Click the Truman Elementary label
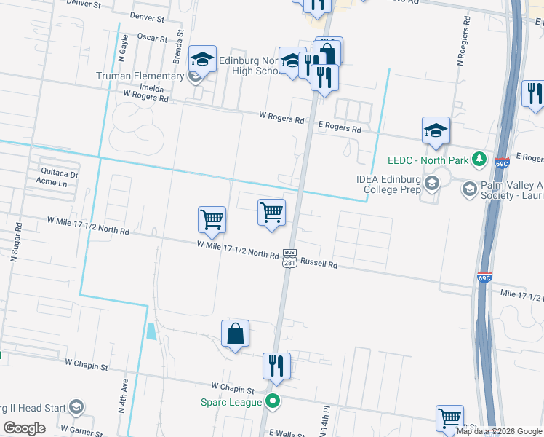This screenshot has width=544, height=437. (140, 76)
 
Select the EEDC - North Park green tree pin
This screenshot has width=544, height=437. (479, 158)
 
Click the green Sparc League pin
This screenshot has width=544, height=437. (273, 400)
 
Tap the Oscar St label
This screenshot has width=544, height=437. (153, 37)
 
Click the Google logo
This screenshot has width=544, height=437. (24, 428)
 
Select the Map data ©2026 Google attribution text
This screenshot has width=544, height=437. (499, 431)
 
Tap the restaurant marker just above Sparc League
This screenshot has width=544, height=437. (276, 366)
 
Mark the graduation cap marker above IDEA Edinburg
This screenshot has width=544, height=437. (436, 131)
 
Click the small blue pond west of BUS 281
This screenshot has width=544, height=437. (151, 332)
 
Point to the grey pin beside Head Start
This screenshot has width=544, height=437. (78, 408)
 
